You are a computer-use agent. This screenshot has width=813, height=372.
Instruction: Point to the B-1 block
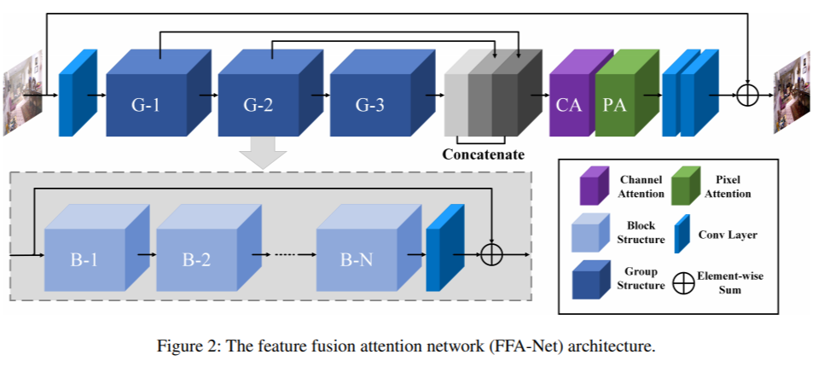(x=84, y=259)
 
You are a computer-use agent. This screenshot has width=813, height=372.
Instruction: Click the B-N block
(x=356, y=259)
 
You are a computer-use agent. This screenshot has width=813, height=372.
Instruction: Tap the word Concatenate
(x=483, y=155)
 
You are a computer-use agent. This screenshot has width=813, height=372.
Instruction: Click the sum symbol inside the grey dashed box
(x=492, y=254)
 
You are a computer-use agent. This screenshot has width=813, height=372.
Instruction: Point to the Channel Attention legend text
(x=642, y=187)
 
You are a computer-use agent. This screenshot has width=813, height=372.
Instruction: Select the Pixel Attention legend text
(x=729, y=187)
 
